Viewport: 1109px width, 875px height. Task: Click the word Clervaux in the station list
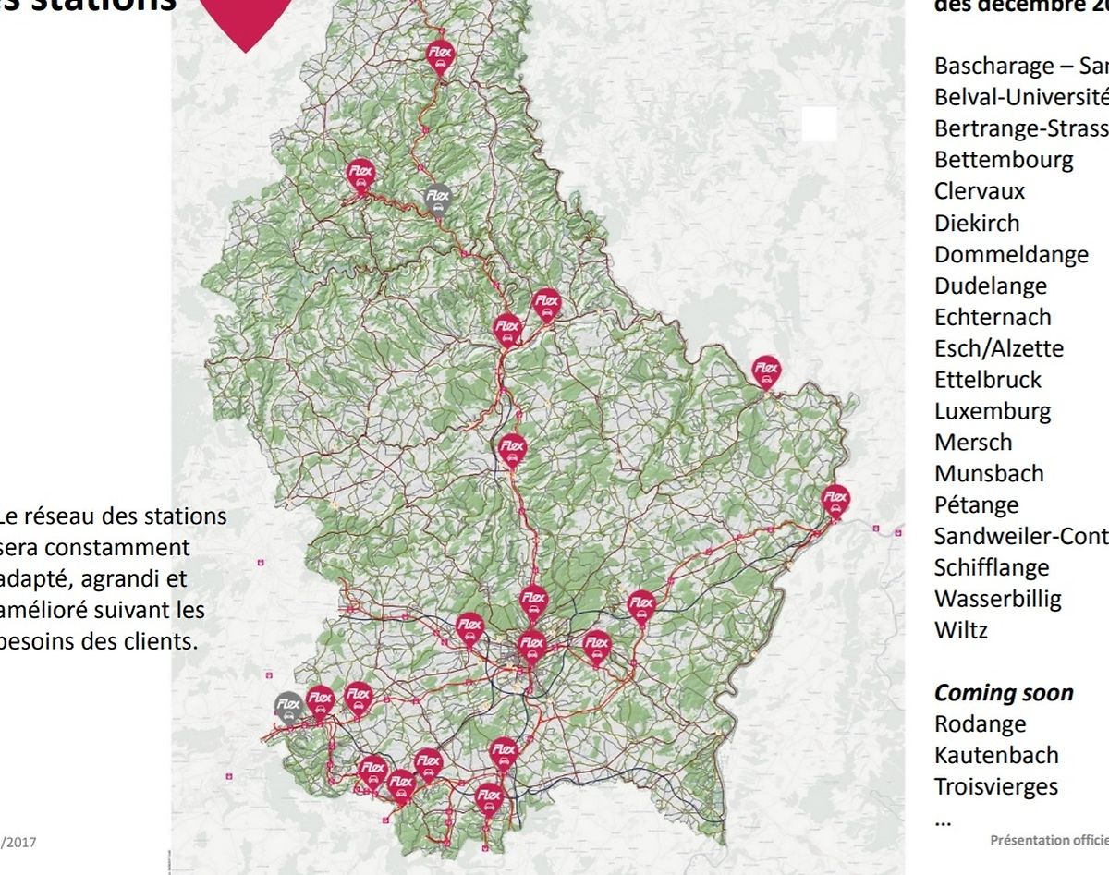click(x=980, y=191)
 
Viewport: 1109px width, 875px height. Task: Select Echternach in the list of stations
click(x=993, y=317)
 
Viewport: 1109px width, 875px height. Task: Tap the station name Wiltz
click(x=961, y=630)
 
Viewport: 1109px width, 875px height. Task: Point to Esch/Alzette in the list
click(x=999, y=348)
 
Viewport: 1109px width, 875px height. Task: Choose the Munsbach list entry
click(x=989, y=474)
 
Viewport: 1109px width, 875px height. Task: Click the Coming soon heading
click(x=1004, y=693)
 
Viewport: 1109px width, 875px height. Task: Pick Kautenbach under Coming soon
click(x=996, y=755)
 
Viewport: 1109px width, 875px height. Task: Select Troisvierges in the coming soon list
click(x=996, y=786)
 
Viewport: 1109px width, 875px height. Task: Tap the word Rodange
click(x=980, y=723)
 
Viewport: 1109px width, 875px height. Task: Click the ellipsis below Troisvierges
click(x=943, y=820)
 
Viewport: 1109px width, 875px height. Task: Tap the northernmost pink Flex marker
click(x=439, y=55)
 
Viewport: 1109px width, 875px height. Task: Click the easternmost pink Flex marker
click(x=835, y=499)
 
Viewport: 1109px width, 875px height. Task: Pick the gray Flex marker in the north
click(x=438, y=197)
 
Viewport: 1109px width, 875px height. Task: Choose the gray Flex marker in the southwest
click(x=289, y=706)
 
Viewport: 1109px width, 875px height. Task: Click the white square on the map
click(x=819, y=125)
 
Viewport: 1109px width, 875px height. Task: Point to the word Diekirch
click(x=977, y=223)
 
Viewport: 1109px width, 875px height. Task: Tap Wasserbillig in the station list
click(x=998, y=599)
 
